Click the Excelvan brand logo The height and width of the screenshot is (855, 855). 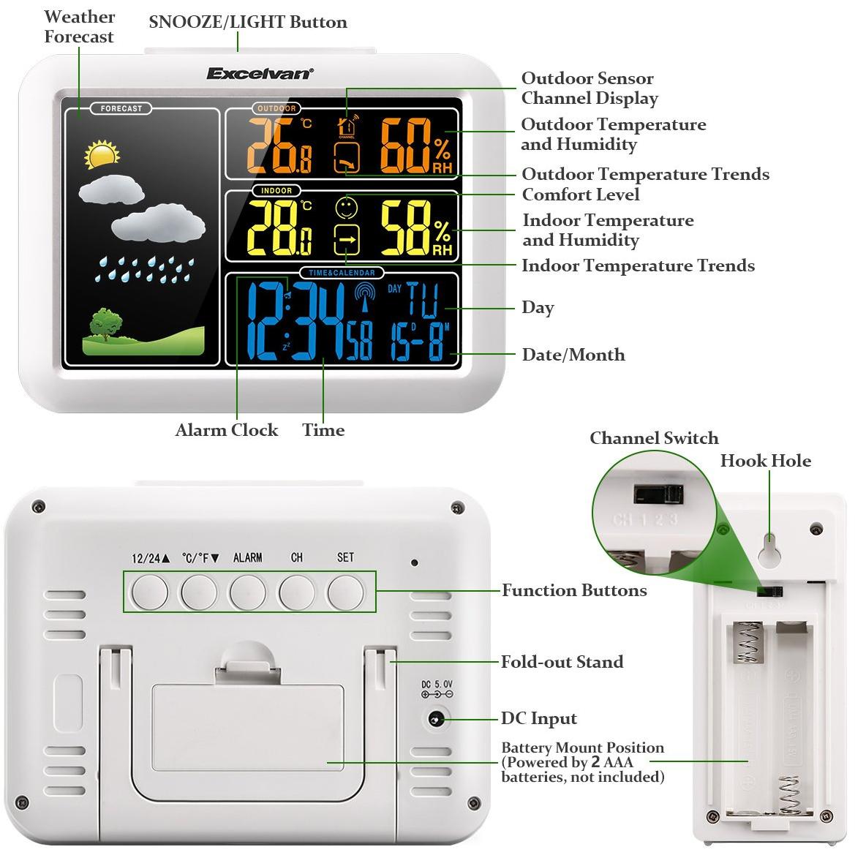pyautogui.click(x=260, y=73)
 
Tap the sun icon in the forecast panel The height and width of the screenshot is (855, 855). pyautogui.click(x=101, y=154)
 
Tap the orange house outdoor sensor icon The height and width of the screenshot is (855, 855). pyautogui.click(x=347, y=127)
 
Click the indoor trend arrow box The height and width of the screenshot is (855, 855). pyautogui.click(x=347, y=238)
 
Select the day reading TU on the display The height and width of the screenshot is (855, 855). pyautogui.click(x=422, y=298)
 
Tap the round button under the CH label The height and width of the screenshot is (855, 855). pyautogui.click(x=297, y=592)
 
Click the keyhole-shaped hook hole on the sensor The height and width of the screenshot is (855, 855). pyautogui.click(x=769, y=549)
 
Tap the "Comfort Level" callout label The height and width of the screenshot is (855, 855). pyautogui.click(x=580, y=195)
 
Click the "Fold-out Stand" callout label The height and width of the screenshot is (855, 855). pyautogui.click(x=562, y=662)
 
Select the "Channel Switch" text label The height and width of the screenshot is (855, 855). pyautogui.click(x=654, y=438)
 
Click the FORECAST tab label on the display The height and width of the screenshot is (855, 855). pyautogui.click(x=121, y=108)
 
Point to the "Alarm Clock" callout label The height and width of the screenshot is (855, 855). pyautogui.click(x=227, y=430)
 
